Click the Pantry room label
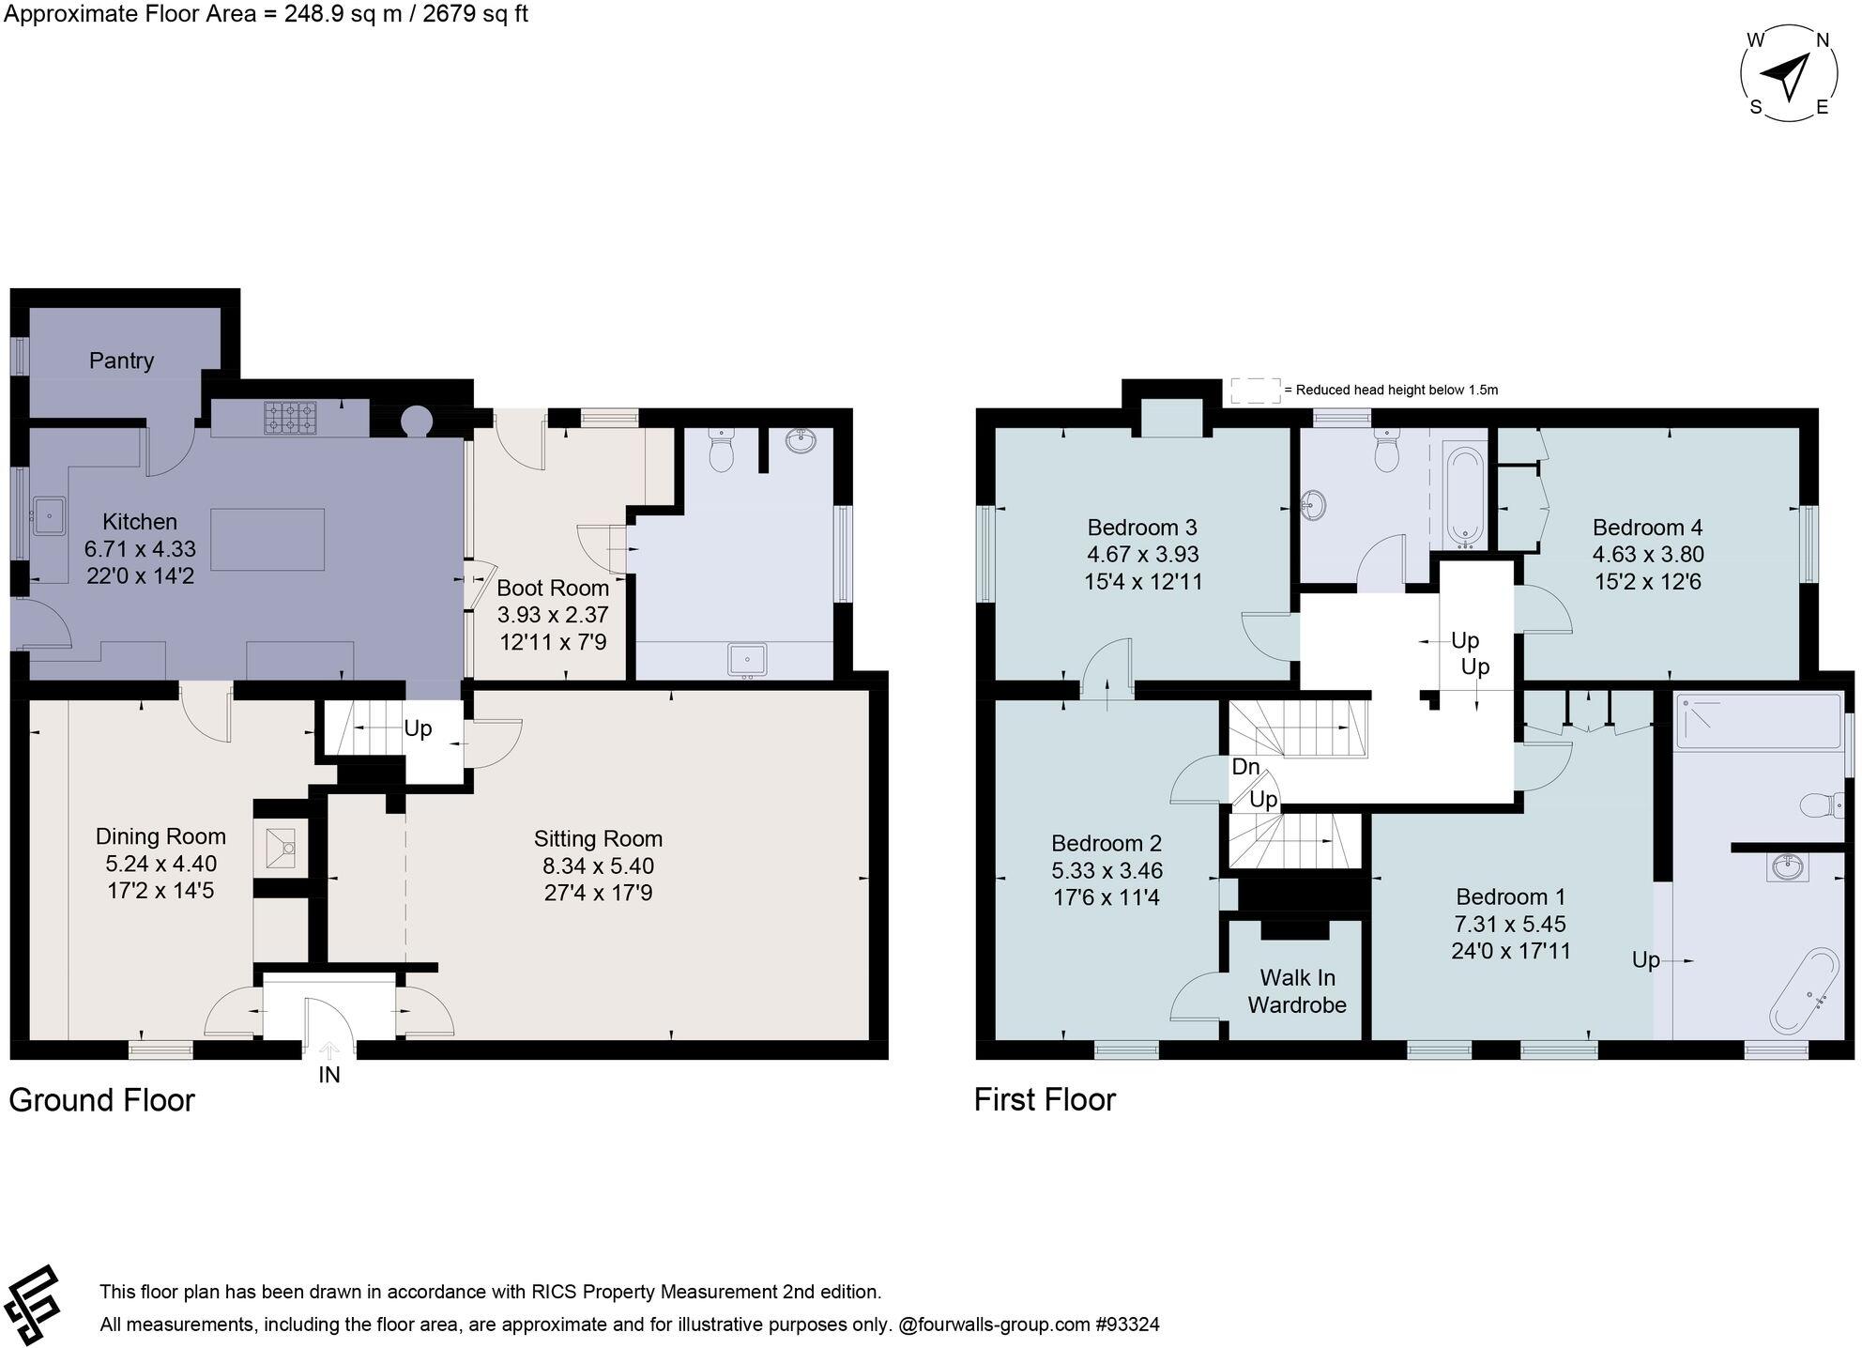pyautogui.click(x=121, y=360)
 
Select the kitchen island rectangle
pyautogui.click(x=267, y=540)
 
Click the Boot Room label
pyautogui.click(x=552, y=589)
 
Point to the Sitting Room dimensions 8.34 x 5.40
pyautogui.click(x=598, y=865)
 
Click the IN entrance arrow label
pyautogui.click(x=328, y=1075)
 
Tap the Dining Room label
pyautogui.click(x=160, y=836)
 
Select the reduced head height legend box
pyautogui.click(x=1255, y=390)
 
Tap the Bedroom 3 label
pyautogui.click(x=1141, y=528)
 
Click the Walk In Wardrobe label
pyautogui.click(x=1297, y=991)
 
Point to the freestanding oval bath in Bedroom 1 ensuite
pyautogui.click(x=1804, y=991)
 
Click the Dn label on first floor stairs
pyautogui.click(x=1245, y=767)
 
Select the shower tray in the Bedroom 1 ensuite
pyautogui.click(x=1758, y=722)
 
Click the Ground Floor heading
pyautogui.click(x=101, y=1100)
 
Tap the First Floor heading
pyautogui.click(x=1045, y=1099)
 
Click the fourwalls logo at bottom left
pyautogui.click(x=33, y=1306)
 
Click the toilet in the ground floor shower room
pyautogui.click(x=721, y=452)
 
